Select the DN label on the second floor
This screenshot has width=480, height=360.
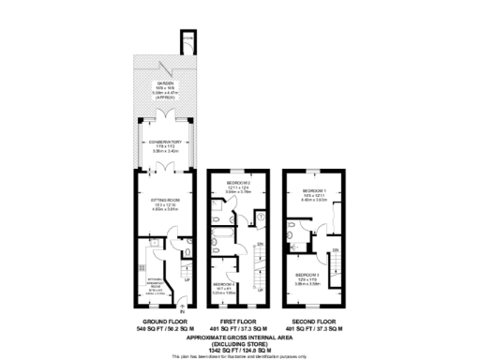tap(335, 250)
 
